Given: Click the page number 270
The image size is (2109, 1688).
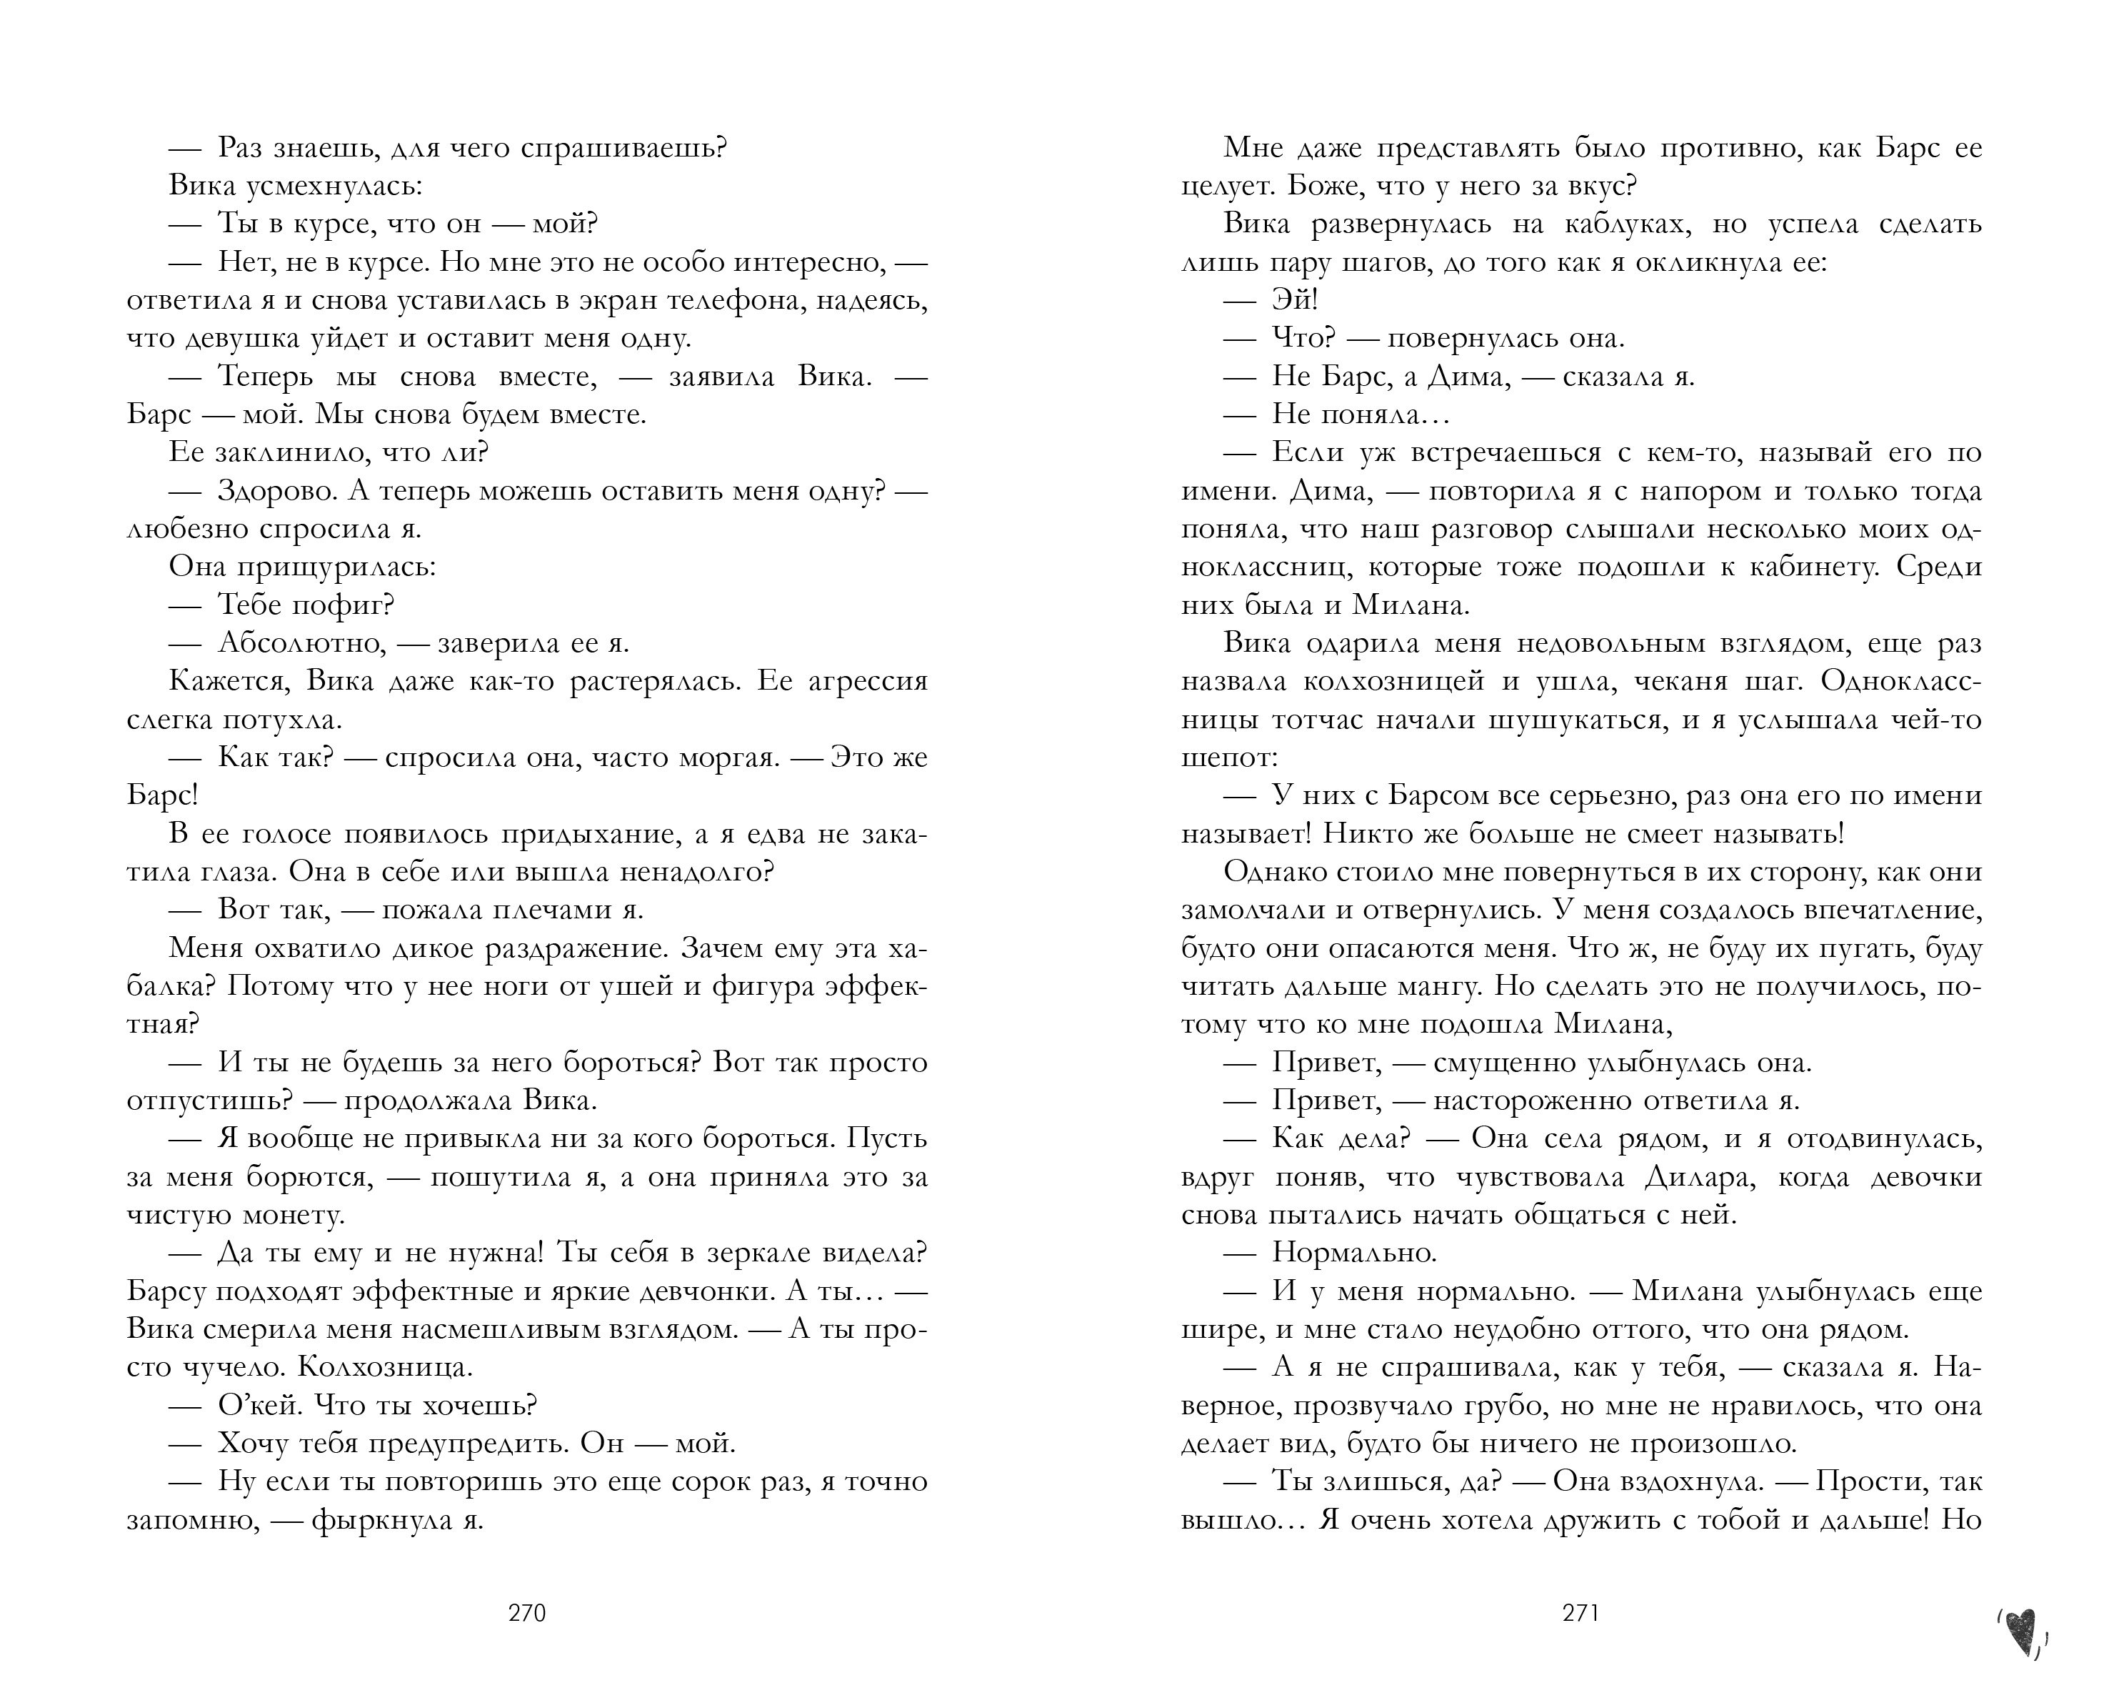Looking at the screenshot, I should tap(526, 1614).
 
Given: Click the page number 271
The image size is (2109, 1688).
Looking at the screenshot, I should tap(1580, 1614).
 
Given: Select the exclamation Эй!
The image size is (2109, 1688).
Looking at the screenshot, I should tap(1294, 300).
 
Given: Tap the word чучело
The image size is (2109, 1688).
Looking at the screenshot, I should tap(230, 1367).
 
